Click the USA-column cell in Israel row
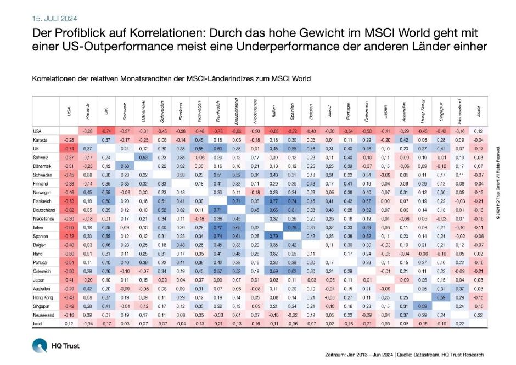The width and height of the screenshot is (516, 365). [x=69, y=325]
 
